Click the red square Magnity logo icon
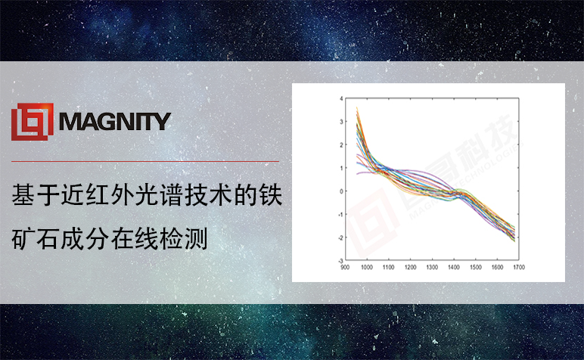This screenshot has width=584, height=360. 33,122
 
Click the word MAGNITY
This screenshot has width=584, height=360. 115,122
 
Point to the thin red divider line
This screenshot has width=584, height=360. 145,162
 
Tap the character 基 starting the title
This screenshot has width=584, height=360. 23,194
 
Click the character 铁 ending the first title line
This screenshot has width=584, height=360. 271,194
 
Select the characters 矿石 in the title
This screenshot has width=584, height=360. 36,239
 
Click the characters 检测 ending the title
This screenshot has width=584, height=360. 184,239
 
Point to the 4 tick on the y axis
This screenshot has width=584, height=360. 341,98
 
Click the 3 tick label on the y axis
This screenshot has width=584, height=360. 341,122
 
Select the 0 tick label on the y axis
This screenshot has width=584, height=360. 341,191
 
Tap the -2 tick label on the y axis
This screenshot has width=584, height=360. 340,237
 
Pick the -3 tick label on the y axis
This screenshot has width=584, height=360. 340,261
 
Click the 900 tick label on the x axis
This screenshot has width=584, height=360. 345,267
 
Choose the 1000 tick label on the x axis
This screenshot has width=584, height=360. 367,267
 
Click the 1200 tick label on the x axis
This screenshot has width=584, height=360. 411,267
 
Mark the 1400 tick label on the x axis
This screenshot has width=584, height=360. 454,267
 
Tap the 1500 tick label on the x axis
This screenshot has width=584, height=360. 476,267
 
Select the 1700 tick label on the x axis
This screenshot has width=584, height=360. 519,267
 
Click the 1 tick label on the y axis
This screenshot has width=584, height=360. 341,168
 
